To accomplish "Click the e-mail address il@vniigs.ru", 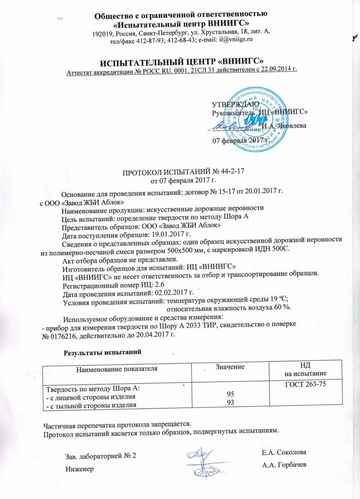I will tap(233, 40).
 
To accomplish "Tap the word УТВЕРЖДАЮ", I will tap(236, 104).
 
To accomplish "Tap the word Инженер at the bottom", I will tap(80, 469).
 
